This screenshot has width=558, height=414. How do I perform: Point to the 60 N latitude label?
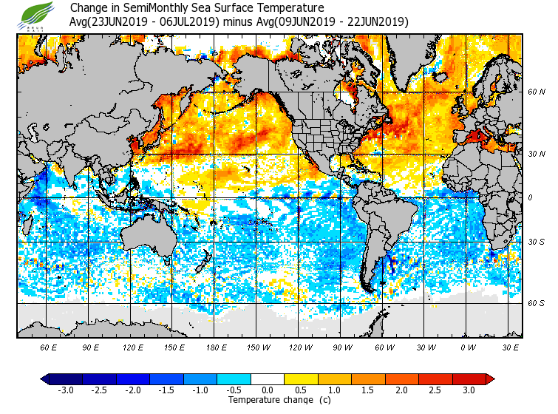(x=536, y=92)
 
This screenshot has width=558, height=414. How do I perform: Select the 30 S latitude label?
(x=536, y=242)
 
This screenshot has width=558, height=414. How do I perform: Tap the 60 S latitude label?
(x=536, y=303)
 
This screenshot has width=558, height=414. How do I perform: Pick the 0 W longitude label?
(x=467, y=347)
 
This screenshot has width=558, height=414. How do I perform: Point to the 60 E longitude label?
(x=49, y=347)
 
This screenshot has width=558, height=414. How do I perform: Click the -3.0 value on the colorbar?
(x=66, y=390)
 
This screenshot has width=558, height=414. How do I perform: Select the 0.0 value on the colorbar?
(x=268, y=390)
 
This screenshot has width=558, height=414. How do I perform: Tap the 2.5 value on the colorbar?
(x=435, y=390)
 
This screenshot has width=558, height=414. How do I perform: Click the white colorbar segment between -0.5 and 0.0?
(x=251, y=379)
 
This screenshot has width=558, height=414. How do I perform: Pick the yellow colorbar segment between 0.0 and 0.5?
(x=285, y=379)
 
